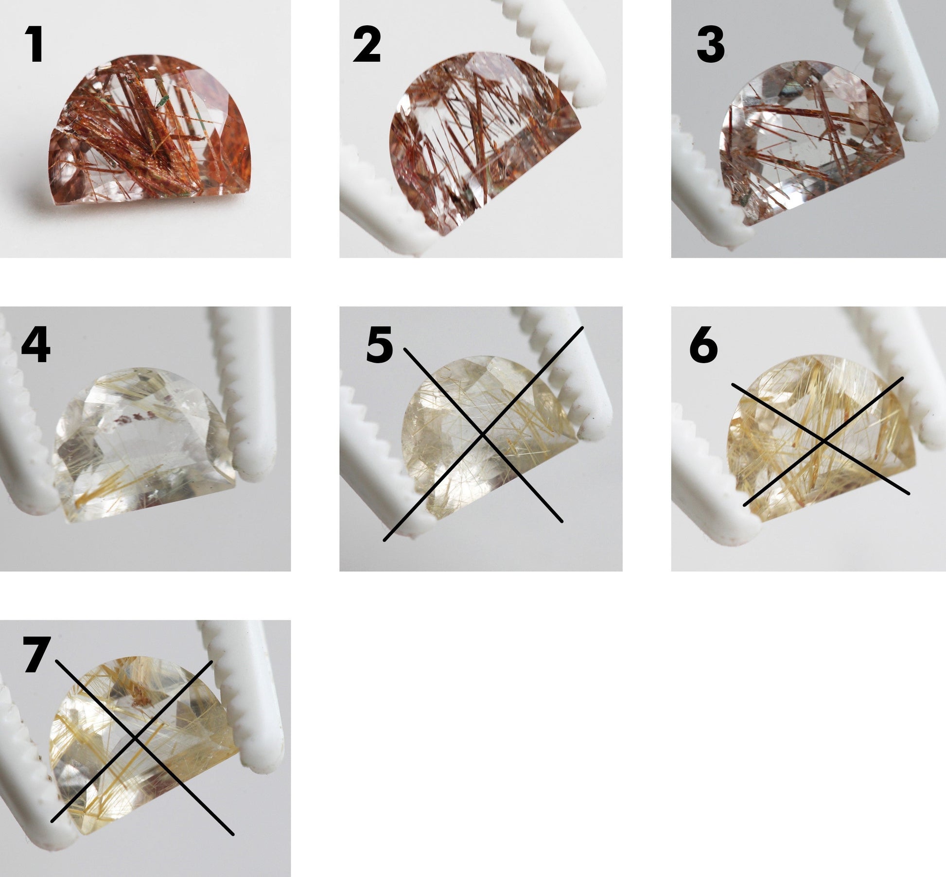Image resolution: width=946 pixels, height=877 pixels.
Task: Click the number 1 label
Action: coord(35,46)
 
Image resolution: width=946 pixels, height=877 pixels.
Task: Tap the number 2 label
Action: coord(367,46)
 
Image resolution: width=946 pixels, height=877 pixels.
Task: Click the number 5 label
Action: coord(380,346)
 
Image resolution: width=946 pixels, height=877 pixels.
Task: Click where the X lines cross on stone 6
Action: coord(823,441)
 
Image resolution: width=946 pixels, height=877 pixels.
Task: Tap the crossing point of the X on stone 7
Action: coord(137,736)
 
